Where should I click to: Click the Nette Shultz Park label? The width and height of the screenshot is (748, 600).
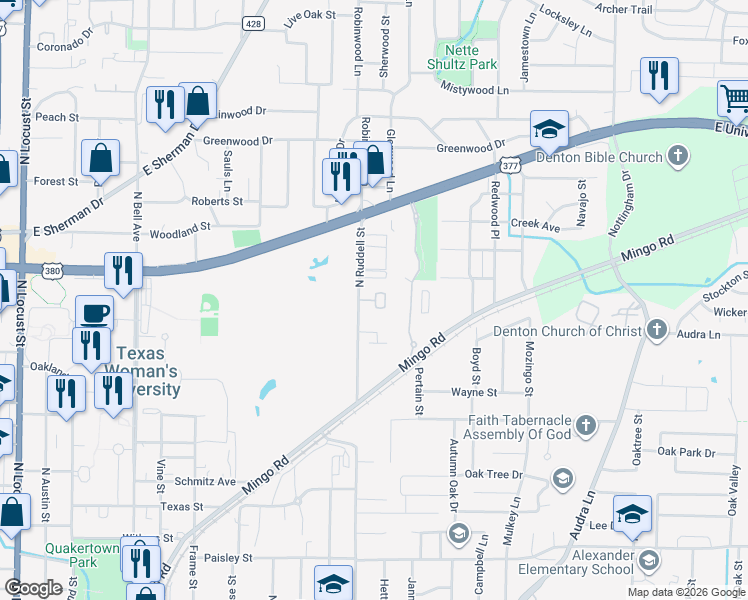(x=462, y=57)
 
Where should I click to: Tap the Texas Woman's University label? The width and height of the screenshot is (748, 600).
(x=148, y=370)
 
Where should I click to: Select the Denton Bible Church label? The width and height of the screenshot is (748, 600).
(x=599, y=157)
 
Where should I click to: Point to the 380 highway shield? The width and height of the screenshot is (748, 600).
(x=51, y=270)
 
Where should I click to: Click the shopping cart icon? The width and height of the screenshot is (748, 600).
(x=735, y=99)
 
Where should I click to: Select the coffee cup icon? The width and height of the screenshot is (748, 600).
(x=94, y=313)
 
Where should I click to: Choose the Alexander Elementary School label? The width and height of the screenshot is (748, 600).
(x=574, y=562)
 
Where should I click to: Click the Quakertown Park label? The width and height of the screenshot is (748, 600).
(x=70, y=554)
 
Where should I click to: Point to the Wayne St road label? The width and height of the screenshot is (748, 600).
(x=473, y=393)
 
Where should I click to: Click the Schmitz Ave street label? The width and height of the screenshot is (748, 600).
(x=204, y=481)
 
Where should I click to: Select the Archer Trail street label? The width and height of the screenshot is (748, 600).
(x=623, y=9)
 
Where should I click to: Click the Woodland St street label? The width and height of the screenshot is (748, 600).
(x=180, y=236)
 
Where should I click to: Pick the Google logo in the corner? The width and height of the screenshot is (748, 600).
(x=33, y=588)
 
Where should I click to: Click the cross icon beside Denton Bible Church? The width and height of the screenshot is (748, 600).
(x=678, y=156)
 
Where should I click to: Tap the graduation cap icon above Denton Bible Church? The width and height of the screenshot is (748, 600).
(x=549, y=128)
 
